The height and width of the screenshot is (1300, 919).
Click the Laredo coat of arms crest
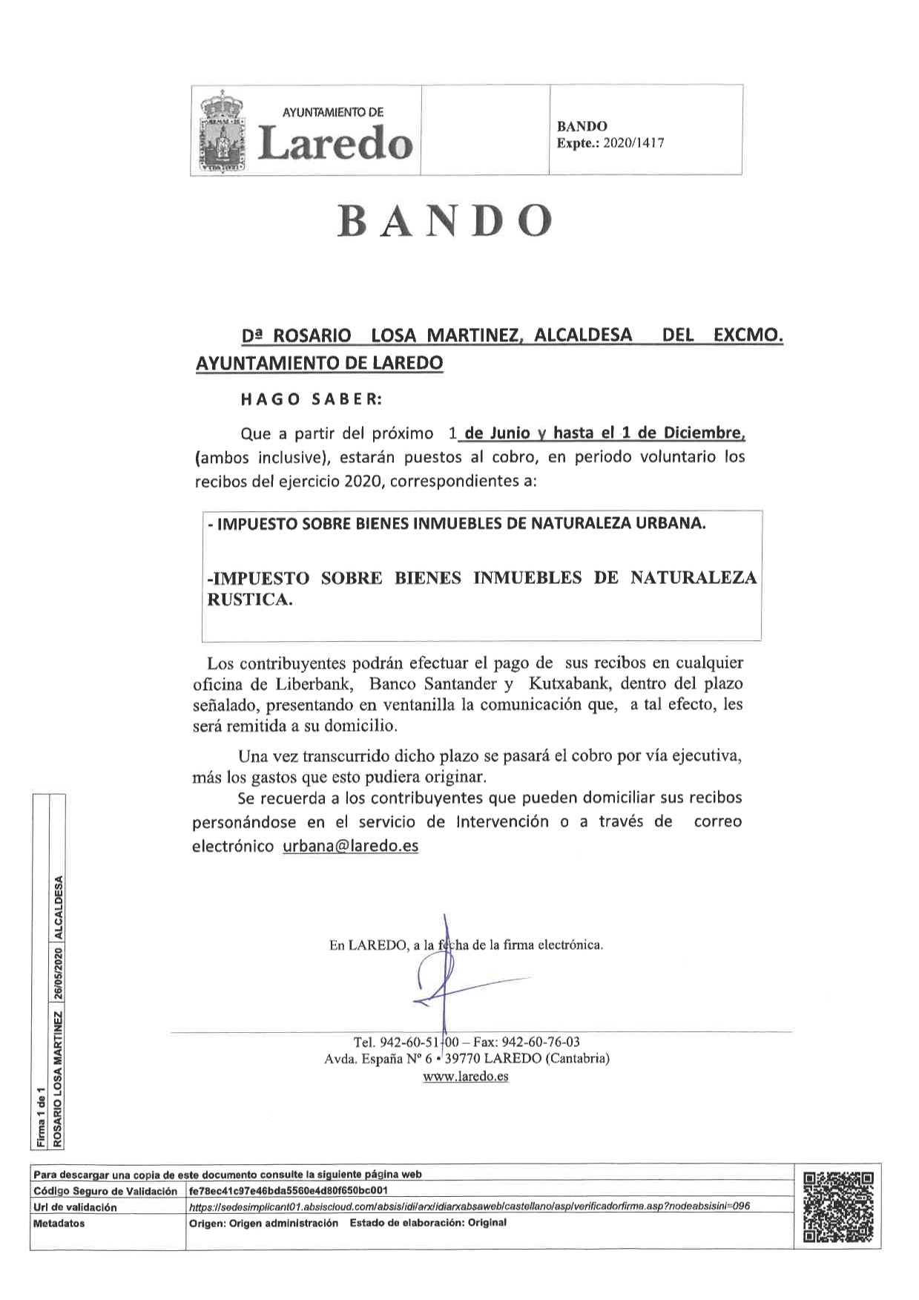[x=222, y=131]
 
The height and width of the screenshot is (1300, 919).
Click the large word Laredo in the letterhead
[x=335, y=142]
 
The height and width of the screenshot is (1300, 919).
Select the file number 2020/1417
[x=633, y=143]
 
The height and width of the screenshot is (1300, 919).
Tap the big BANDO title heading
[x=445, y=220]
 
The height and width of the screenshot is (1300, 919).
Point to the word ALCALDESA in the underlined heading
[x=583, y=335]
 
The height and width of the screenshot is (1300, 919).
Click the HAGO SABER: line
[x=312, y=399]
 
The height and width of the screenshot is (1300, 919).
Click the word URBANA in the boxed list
[x=670, y=523]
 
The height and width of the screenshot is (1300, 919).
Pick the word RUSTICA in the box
[x=249, y=600]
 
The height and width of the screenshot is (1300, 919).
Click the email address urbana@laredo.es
[x=350, y=846]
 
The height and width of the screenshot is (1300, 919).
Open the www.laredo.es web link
[x=466, y=1076]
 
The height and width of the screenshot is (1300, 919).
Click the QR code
[x=838, y=1207]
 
